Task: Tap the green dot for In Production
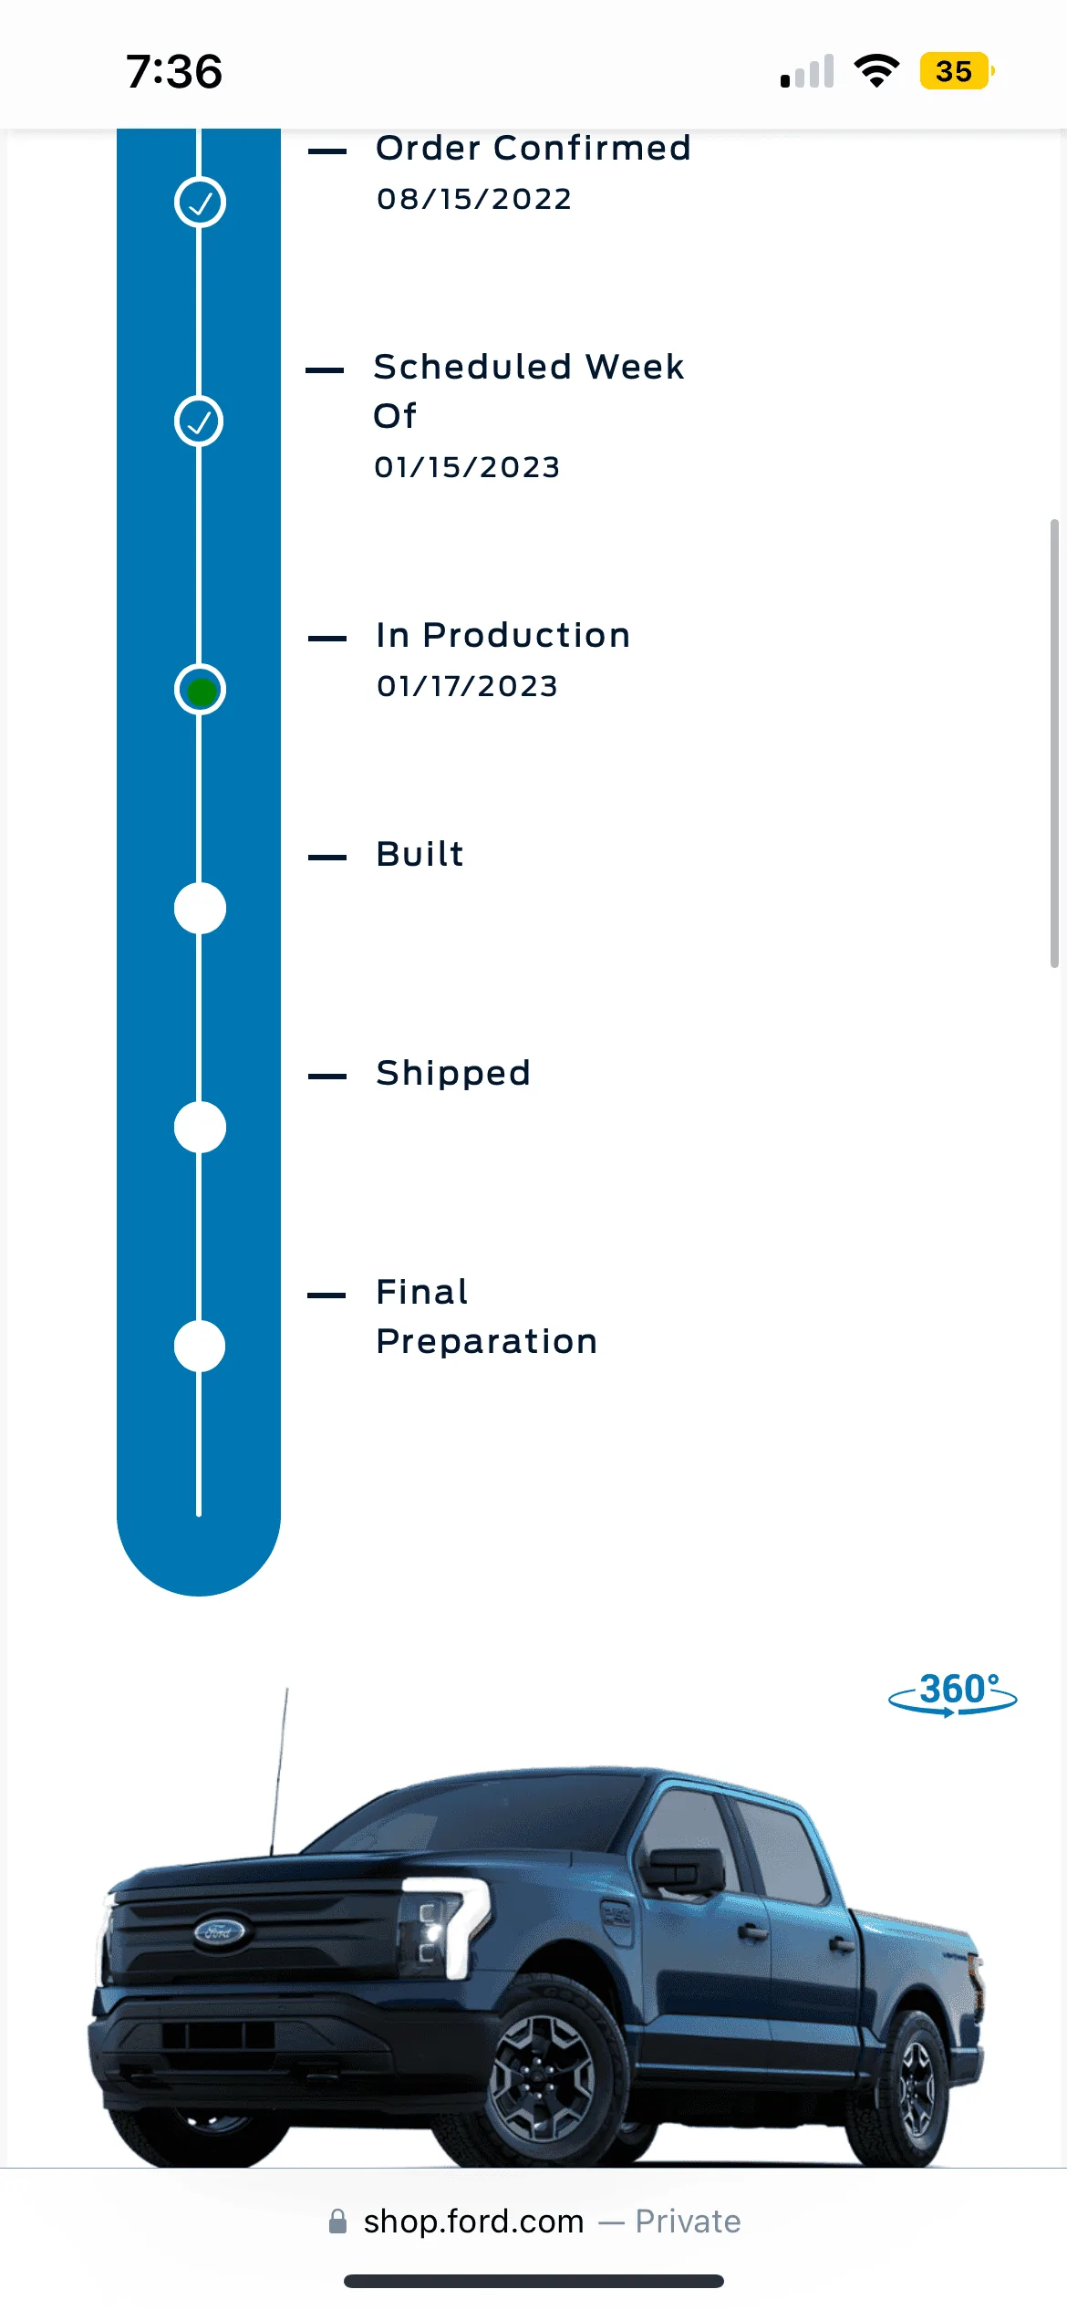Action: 201,691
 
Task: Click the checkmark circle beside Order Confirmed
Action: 200,202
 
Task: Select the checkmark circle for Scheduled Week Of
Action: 199,421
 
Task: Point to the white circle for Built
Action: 200,908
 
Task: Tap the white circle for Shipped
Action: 200,1127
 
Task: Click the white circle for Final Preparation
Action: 200,1346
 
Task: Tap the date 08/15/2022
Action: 474,199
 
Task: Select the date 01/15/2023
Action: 467,467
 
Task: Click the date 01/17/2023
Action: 467,686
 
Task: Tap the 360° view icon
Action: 953,1694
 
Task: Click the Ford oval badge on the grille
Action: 220,1930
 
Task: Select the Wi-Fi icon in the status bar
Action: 876,70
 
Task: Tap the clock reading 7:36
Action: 174,71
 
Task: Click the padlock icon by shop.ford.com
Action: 337,2222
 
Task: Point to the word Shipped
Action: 453,1073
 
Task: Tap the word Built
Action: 420,854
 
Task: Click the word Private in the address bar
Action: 689,2222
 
